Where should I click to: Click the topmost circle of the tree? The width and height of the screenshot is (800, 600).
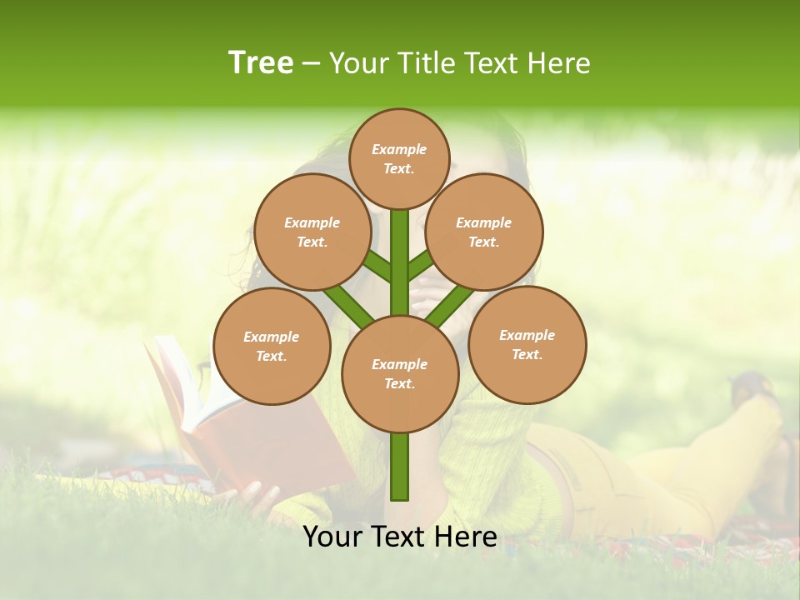click(x=399, y=158)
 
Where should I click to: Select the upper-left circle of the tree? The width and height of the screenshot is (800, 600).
click(x=312, y=232)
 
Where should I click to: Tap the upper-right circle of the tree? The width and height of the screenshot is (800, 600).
click(x=484, y=232)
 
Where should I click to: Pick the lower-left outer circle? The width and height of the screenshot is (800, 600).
click(x=272, y=346)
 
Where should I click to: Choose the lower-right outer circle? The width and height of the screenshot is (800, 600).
click(x=527, y=344)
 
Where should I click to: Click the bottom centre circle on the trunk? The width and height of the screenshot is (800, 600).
click(x=400, y=374)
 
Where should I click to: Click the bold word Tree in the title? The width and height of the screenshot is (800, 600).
click(x=261, y=62)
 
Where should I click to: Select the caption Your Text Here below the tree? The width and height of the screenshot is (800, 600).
click(x=400, y=537)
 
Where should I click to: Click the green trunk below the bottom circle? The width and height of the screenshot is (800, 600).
click(x=400, y=467)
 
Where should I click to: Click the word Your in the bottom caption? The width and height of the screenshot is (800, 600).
click(x=332, y=537)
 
